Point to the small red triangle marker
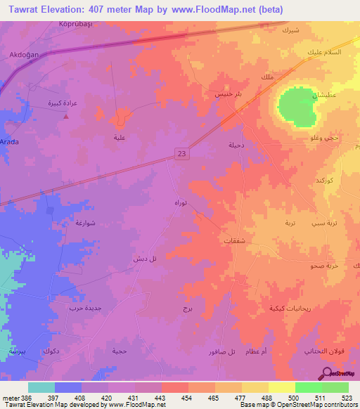[66, 117]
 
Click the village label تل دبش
[144, 259]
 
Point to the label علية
[120, 138]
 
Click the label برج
[187, 309]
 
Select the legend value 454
[188, 398]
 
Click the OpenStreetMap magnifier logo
[327, 372]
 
